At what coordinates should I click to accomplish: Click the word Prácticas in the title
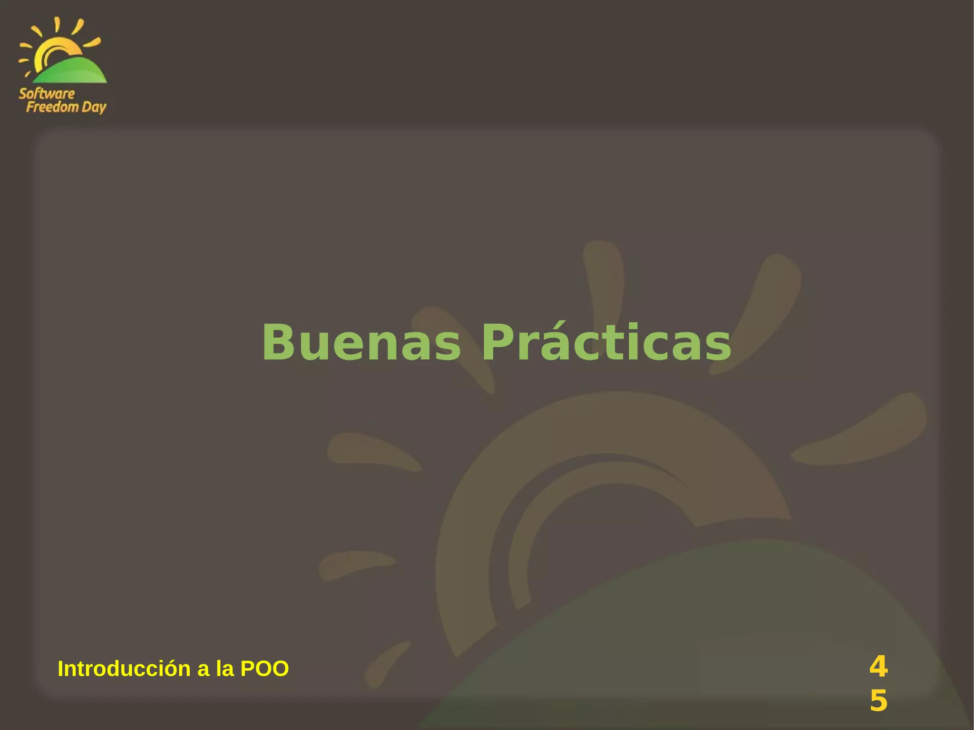(x=606, y=342)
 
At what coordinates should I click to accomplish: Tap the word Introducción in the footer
(x=124, y=669)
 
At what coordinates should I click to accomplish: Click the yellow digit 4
(x=878, y=667)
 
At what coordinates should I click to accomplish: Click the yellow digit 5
(x=878, y=701)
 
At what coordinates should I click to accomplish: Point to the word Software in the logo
(x=47, y=94)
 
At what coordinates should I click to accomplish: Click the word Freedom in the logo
(x=52, y=107)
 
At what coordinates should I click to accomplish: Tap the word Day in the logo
(x=94, y=107)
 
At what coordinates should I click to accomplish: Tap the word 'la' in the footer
(x=224, y=669)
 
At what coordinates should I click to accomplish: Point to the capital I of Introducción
(x=60, y=669)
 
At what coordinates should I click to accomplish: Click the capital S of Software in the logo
(x=23, y=94)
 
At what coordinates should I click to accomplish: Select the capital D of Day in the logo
(x=87, y=107)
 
